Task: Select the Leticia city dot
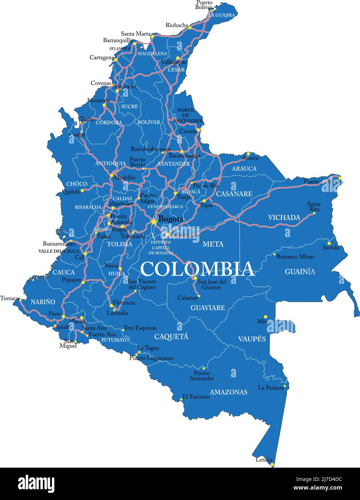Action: (x=272, y=464)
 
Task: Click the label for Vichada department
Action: (x=284, y=217)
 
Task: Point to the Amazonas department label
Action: (x=229, y=392)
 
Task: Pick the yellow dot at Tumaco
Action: (x=20, y=300)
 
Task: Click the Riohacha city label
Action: (x=177, y=25)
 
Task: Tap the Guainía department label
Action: (x=300, y=272)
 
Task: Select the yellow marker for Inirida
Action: (x=329, y=243)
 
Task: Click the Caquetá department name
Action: (x=171, y=337)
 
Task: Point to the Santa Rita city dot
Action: (x=314, y=213)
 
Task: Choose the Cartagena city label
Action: (x=102, y=58)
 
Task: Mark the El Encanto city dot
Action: (x=181, y=399)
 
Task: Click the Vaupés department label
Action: (x=252, y=339)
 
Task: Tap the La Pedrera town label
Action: (x=271, y=388)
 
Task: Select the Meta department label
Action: (x=213, y=244)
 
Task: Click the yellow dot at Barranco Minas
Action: (x=274, y=254)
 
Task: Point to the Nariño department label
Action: (x=43, y=302)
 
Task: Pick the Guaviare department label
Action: (x=208, y=308)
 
